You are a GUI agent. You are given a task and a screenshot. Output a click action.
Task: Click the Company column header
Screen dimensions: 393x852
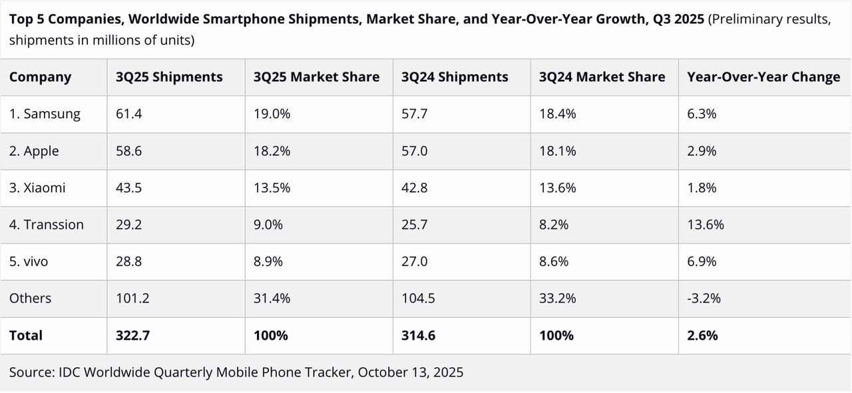(40, 77)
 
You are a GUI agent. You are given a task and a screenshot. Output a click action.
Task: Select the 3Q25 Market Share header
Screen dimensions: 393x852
(316, 77)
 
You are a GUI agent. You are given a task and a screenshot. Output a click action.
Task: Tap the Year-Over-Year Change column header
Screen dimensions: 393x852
(763, 77)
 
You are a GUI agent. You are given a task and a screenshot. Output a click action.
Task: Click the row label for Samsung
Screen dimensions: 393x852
(45, 114)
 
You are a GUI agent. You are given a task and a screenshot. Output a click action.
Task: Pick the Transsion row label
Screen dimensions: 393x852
(47, 225)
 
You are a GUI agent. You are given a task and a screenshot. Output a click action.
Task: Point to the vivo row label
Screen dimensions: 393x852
(29, 262)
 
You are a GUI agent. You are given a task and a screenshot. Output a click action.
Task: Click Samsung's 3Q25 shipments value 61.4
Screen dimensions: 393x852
(129, 114)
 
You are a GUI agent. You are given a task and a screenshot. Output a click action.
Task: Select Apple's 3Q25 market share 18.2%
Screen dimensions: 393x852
(272, 151)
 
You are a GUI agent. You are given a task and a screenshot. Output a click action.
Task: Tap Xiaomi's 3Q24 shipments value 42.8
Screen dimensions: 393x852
(415, 188)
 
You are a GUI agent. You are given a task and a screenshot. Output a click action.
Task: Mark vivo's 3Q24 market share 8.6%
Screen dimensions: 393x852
(554, 262)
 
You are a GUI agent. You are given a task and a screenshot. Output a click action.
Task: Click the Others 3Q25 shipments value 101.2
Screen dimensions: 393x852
(132, 299)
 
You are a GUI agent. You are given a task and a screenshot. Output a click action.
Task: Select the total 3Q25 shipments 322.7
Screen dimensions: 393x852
(132, 336)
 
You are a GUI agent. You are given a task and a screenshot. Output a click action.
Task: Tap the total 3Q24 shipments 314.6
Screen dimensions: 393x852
(418, 336)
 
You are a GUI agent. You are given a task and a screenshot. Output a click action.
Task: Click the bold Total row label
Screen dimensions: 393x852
(26, 336)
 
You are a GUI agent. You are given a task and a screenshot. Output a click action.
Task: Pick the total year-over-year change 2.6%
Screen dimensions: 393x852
(702, 336)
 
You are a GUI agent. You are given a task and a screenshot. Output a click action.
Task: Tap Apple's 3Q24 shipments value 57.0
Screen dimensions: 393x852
(415, 151)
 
